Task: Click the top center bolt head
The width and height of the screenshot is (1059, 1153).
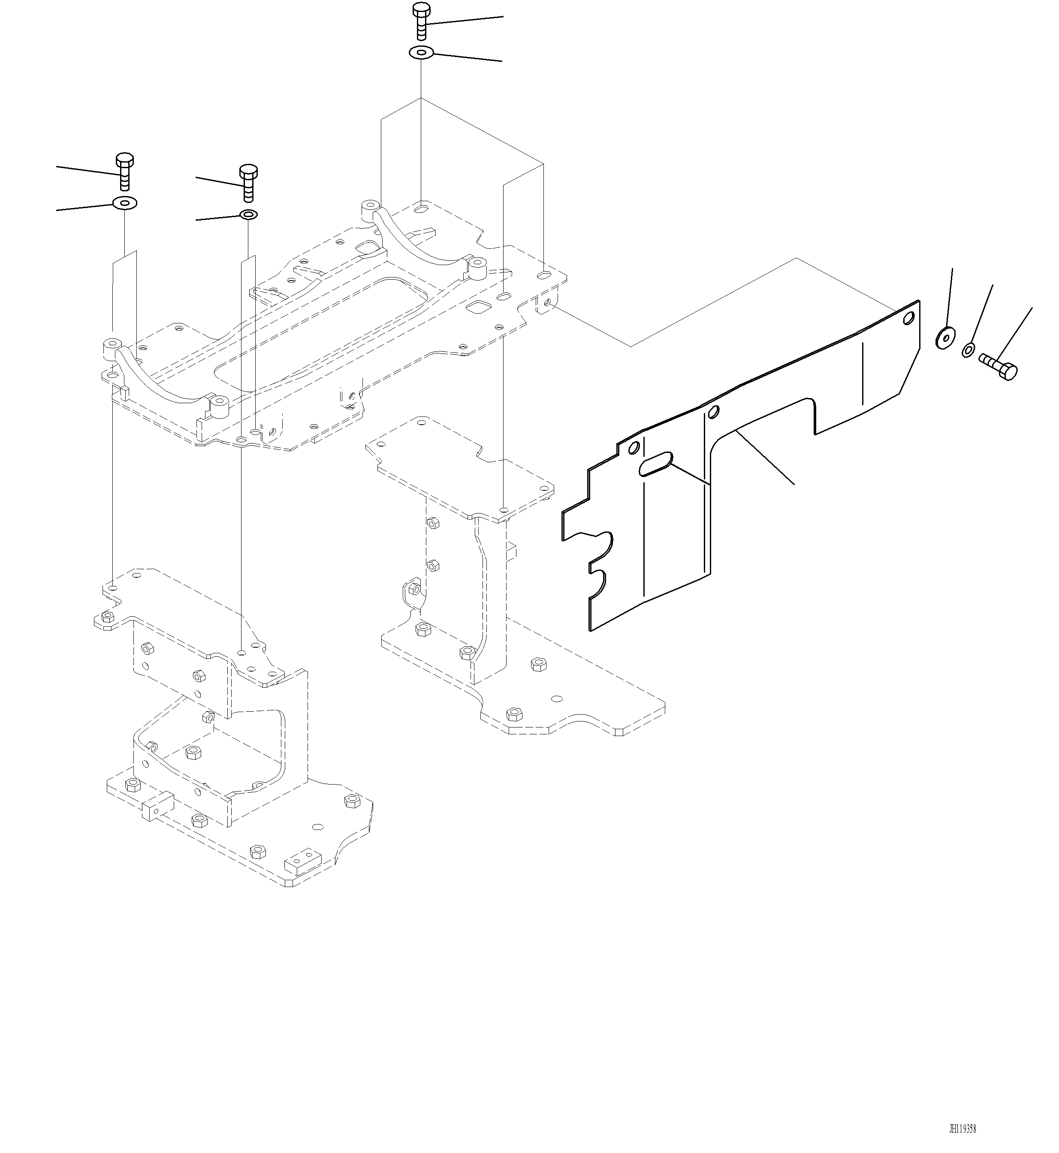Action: click(421, 10)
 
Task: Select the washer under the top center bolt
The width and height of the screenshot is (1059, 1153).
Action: click(421, 53)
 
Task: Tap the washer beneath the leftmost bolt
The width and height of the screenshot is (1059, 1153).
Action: click(124, 203)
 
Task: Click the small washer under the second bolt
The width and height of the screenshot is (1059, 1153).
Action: click(248, 215)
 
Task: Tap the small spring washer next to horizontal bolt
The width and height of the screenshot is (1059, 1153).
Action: click(968, 349)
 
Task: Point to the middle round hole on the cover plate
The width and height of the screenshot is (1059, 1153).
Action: click(714, 411)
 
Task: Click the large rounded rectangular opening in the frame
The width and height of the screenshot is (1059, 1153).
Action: click(321, 332)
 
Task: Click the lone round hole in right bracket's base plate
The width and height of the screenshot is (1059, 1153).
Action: click(555, 699)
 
